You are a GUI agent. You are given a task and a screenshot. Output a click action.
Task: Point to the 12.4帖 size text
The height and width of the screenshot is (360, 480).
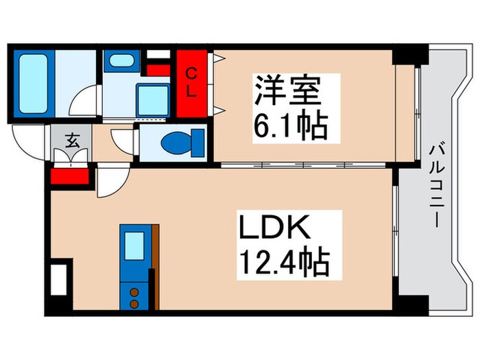(283, 261)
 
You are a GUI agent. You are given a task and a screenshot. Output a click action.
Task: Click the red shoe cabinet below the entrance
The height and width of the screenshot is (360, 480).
(69, 176)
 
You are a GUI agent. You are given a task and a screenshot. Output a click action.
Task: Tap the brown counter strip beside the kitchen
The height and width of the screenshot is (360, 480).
(155, 267)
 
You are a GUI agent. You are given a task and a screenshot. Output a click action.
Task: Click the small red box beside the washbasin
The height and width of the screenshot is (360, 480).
(158, 69)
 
